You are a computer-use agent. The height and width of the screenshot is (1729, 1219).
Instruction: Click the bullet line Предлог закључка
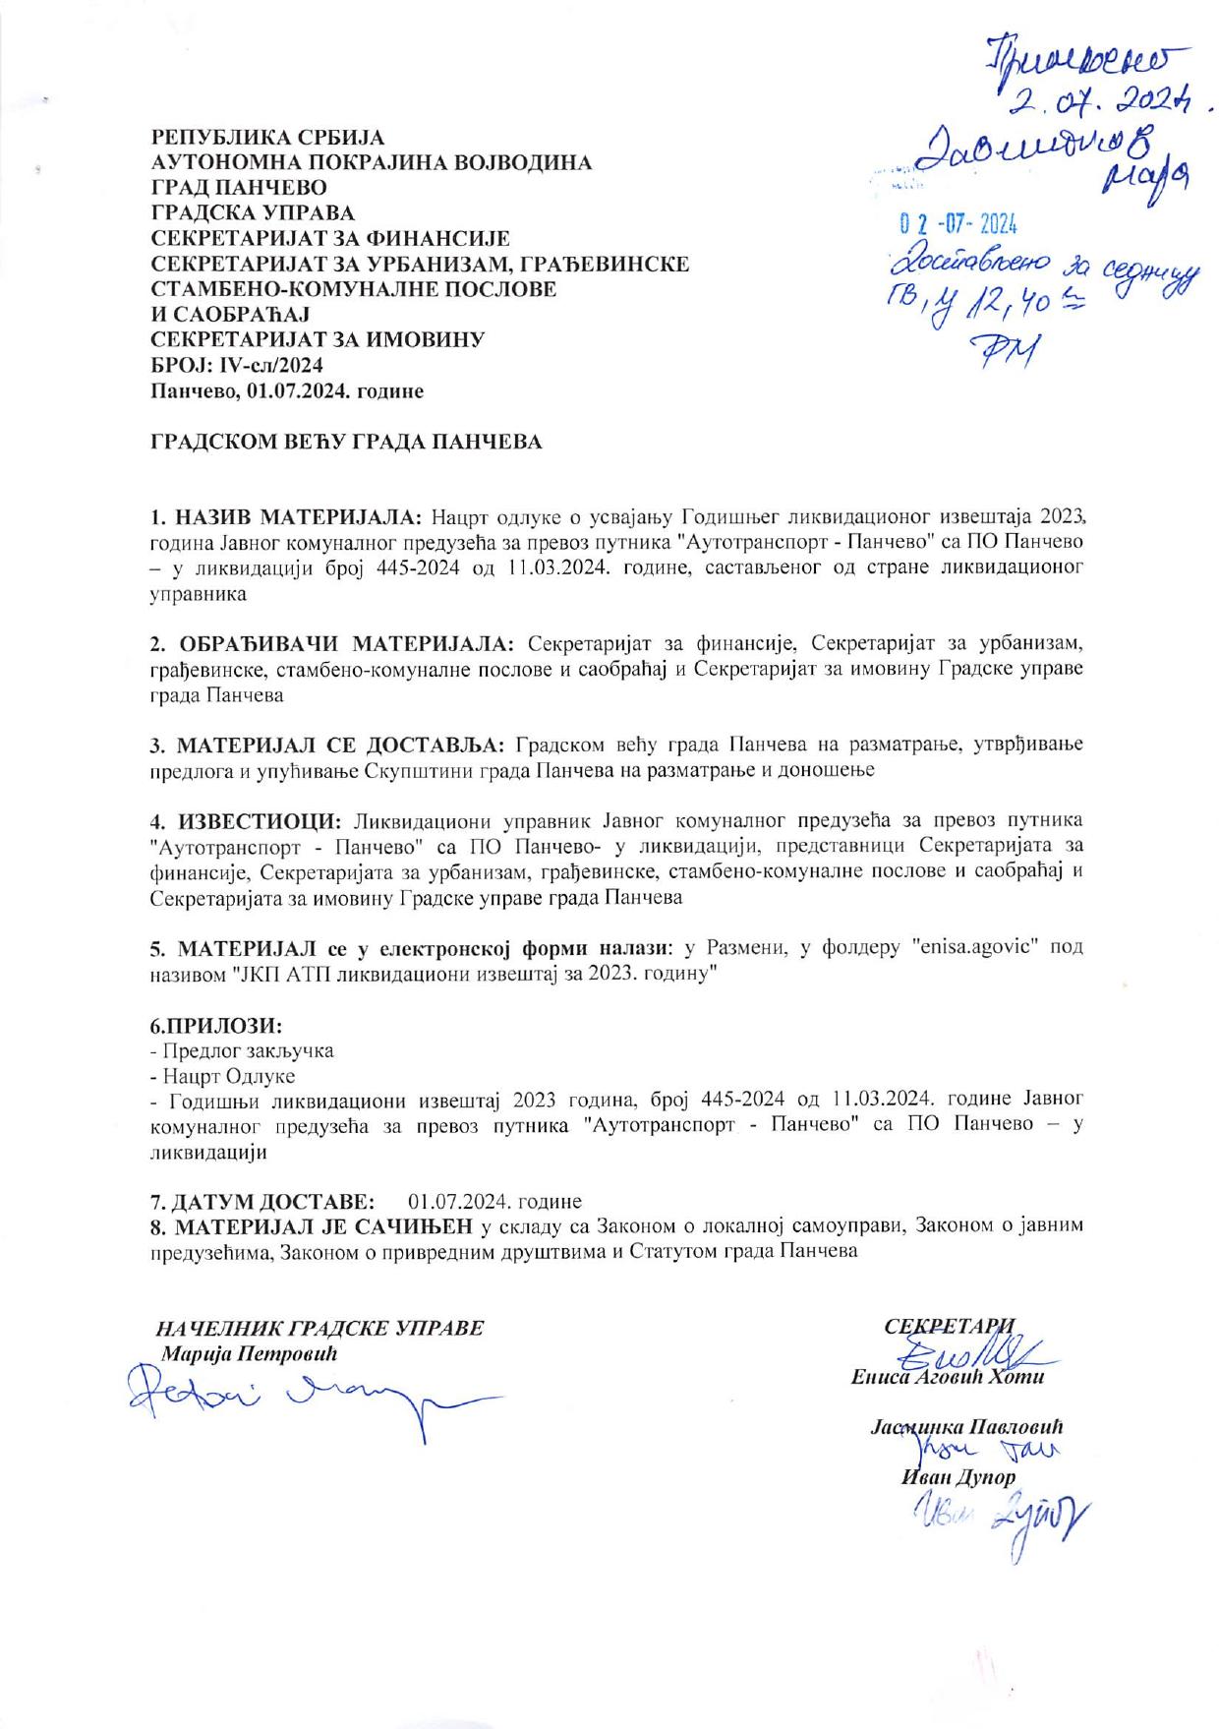[x=241, y=1050]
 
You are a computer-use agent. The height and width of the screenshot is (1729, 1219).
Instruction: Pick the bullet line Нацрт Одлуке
[x=221, y=1076]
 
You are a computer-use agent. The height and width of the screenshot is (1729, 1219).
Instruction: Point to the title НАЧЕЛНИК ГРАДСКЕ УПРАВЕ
[x=320, y=1327]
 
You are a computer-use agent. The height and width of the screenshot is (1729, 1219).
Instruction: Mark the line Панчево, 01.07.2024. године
[x=287, y=391]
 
